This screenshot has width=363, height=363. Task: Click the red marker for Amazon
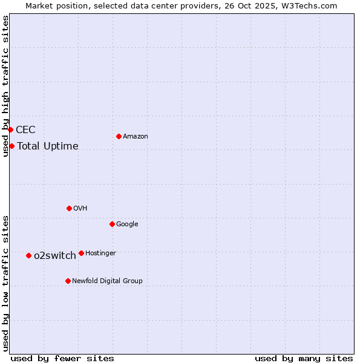119,136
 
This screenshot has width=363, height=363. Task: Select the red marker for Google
112,224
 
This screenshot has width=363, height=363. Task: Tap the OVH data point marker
69,208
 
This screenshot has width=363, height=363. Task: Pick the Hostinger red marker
81,253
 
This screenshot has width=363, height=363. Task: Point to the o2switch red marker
28,255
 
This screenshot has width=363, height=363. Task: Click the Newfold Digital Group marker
68,281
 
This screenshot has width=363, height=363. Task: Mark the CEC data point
10,129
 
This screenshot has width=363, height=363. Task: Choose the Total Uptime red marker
11,146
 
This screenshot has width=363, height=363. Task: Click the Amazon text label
136,137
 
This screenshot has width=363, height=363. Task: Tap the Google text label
127,224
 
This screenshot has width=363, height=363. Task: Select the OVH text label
80,209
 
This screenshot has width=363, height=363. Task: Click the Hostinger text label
101,253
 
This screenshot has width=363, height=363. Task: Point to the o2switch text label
55,256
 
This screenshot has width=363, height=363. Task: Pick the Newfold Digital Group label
108,281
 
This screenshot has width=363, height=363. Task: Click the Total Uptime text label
48,146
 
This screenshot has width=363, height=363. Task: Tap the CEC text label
25,130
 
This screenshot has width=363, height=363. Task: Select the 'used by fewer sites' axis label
62,358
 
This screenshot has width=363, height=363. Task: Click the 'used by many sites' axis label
304,358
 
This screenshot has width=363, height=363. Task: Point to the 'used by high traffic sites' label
5,86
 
